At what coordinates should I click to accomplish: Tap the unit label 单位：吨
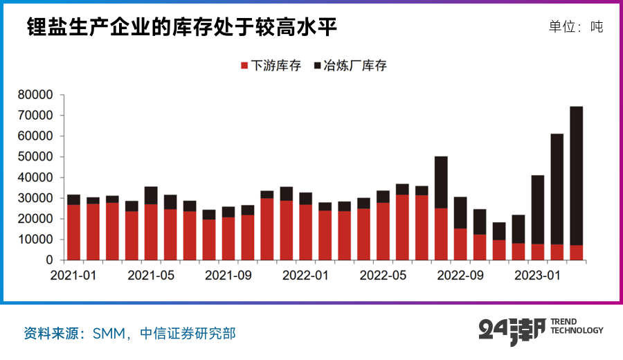[x=575, y=27]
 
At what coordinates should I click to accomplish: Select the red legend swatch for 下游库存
[x=244, y=66]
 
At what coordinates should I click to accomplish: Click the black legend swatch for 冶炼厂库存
[x=318, y=66]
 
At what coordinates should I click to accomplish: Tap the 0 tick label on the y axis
[x=49, y=260]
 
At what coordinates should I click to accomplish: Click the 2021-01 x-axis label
[x=73, y=275]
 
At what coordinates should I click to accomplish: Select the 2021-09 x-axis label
[x=228, y=275]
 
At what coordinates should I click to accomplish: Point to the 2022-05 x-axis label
[x=383, y=275]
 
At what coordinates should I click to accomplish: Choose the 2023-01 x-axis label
[x=537, y=275]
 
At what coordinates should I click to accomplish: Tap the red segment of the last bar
[x=576, y=253]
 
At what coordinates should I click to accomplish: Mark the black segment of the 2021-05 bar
[x=151, y=195]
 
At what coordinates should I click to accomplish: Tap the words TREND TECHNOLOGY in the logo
[x=577, y=327]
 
